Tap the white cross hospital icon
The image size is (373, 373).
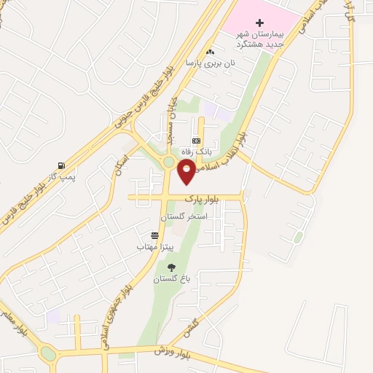260,23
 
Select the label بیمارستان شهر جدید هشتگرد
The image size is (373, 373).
264,39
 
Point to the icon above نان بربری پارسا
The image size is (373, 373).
210,52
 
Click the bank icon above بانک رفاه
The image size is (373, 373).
195,141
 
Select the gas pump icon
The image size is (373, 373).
60,165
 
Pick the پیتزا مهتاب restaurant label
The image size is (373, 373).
152,248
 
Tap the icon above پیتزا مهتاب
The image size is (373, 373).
154,236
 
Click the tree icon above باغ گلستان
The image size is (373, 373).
171,267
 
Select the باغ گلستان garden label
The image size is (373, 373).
170,279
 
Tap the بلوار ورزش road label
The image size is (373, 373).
172,352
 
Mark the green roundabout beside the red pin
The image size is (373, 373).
169,162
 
